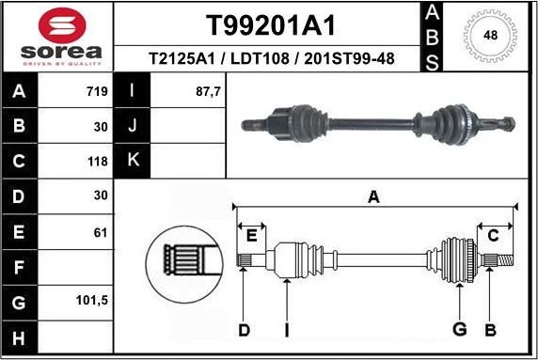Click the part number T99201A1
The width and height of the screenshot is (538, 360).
coord(270,23)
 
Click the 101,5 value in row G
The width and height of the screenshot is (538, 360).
coord(93,302)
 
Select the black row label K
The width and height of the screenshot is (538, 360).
coord(132,161)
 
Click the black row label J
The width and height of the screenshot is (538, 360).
coord(132,126)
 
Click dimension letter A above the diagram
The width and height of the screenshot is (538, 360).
coord(373,196)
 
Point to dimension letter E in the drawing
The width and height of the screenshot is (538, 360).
coord(250,235)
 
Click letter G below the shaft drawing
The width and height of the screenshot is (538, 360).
coord(460,329)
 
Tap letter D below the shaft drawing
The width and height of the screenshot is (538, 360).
coord(244,329)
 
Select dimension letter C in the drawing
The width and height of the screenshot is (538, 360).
coord(492,235)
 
